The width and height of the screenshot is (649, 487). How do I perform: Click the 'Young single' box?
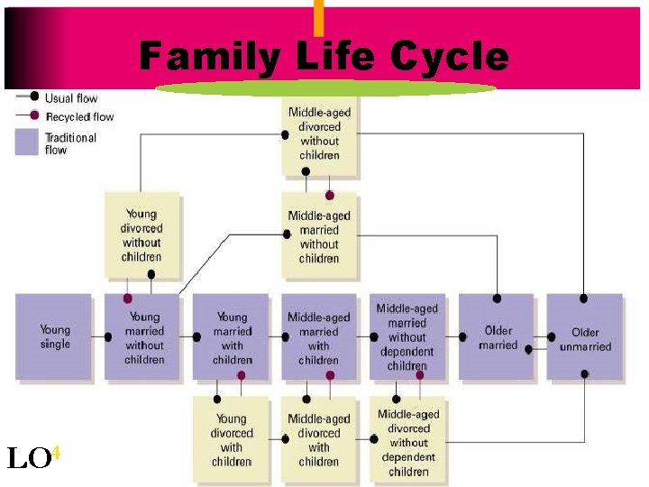[54, 336]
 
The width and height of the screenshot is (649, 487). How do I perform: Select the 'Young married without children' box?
[143, 336]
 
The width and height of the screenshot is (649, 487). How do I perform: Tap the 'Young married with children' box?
[231, 336]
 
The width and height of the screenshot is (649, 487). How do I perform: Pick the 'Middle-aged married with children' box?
[319, 336]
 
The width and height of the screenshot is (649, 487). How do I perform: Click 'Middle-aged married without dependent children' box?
[407, 336]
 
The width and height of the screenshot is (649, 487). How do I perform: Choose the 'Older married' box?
[496, 336]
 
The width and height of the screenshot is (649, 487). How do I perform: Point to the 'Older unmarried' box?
[584, 336]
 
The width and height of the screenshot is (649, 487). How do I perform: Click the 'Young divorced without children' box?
[142, 234]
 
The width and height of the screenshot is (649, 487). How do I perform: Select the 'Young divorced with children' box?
[231, 439]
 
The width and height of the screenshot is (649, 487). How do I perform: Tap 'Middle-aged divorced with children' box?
[319, 439]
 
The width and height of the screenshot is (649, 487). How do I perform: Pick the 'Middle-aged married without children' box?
[319, 234]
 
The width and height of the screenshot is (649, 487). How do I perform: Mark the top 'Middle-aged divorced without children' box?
[319, 133]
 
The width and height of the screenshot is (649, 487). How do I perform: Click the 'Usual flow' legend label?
[71, 98]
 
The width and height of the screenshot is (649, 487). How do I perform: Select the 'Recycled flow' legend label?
[79, 116]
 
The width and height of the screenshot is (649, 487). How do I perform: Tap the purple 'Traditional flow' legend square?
[27, 142]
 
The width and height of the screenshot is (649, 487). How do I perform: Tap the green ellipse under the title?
[326, 88]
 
